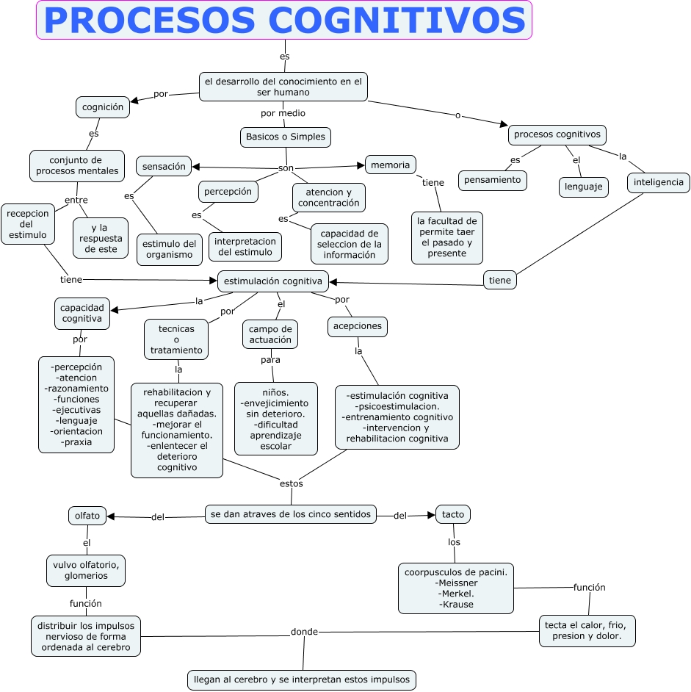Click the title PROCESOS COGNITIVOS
[x=284, y=21]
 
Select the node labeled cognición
[x=103, y=107]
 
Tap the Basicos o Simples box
[x=286, y=137]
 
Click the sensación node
[x=164, y=167]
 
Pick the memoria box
[x=390, y=165]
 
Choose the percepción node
[x=228, y=192]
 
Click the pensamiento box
[x=493, y=180]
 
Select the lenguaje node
[x=584, y=187]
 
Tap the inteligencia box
[x=659, y=182]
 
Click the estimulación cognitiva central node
[x=272, y=281]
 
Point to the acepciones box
[x=358, y=326]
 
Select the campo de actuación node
[x=270, y=334]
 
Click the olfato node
[x=87, y=516]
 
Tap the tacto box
[x=453, y=515]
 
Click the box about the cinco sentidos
[x=291, y=514]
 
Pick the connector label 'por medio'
[x=283, y=114]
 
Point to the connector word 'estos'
[x=292, y=484]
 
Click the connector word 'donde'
[x=304, y=632]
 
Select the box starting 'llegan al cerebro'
[x=301, y=680]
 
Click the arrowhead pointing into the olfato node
[x=112, y=516]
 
